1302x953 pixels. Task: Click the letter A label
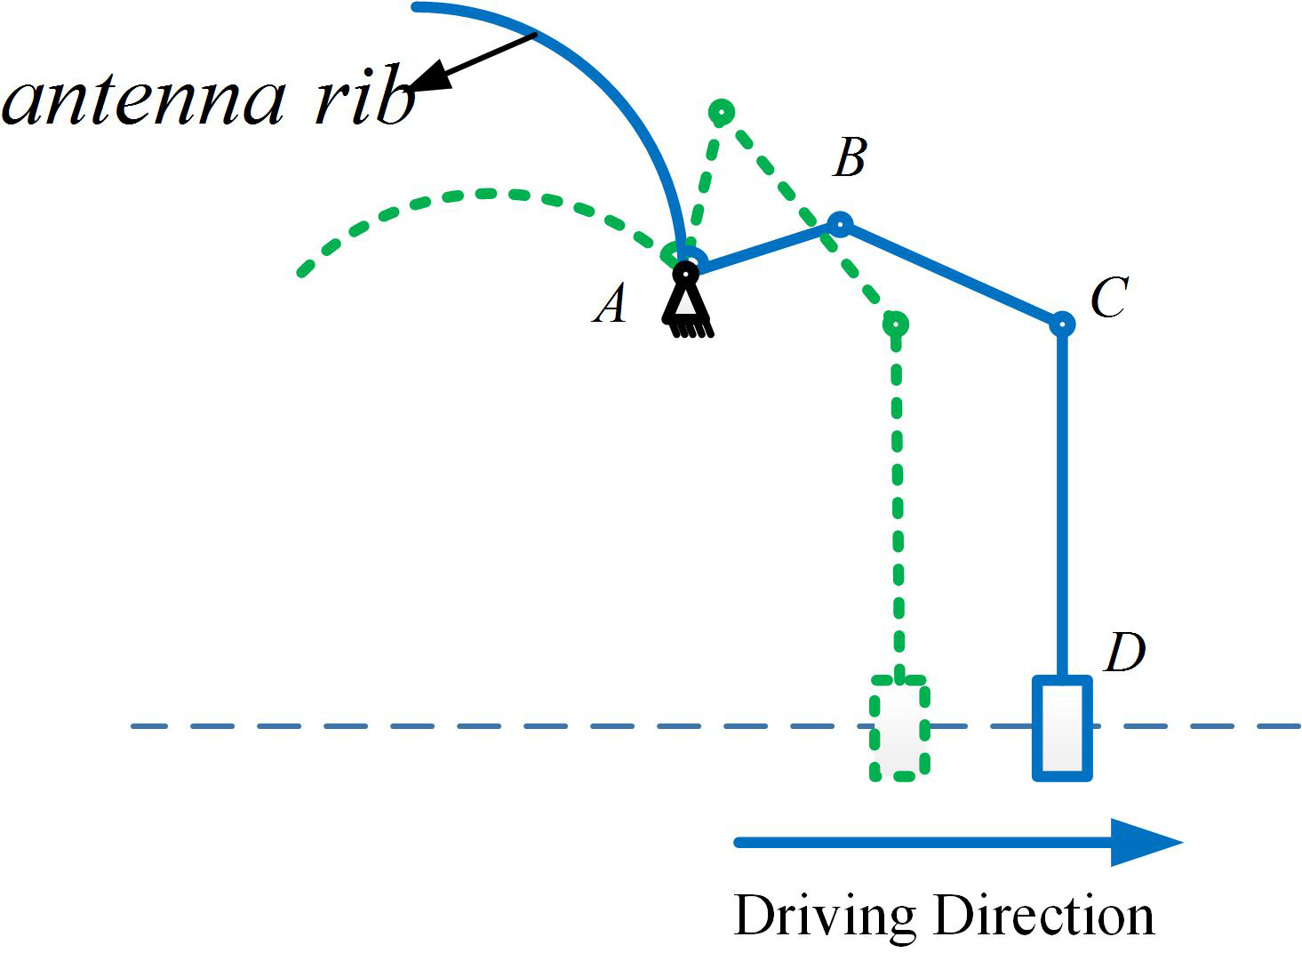point(611,305)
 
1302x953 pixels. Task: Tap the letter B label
point(850,160)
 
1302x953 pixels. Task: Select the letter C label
point(1108,297)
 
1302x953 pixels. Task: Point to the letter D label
point(1124,653)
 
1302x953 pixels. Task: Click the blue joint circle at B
point(839,223)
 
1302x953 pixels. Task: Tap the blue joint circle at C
point(1061,324)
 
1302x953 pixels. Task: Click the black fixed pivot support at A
point(687,302)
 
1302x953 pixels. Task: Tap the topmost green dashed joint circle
point(722,112)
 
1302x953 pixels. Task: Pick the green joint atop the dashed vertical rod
point(896,324)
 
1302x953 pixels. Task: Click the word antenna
point(142,100)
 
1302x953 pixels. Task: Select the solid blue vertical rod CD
point(1061,498)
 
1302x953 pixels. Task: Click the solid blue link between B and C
point(950,274)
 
